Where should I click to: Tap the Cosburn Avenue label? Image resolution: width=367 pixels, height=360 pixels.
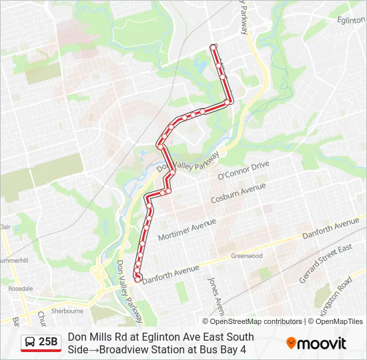coord(238,194)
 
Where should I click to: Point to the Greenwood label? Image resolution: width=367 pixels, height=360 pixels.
coord(247,255)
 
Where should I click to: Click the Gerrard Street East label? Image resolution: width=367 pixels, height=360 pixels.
coord(326,263)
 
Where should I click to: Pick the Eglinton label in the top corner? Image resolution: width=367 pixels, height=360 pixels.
coord(351,21)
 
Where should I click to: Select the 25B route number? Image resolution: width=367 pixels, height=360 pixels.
coord(49,343)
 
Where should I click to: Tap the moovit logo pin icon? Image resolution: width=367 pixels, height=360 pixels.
coord(291,343)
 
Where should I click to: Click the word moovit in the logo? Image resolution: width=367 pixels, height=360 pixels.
coord(322,343)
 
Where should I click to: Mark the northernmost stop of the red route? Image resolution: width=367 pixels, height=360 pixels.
coord(214,47)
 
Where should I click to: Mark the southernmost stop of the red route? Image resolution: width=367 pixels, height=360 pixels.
coord(138,279)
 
